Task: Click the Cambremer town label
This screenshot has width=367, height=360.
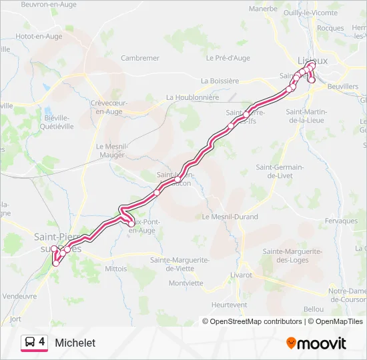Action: coord(140,58)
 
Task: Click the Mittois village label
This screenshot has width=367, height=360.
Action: coord(115,269)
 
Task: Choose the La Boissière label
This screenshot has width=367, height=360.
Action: coord(220,81)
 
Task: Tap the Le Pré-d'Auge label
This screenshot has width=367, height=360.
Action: coord(229,58)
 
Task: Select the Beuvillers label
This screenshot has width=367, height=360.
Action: coord(343,87)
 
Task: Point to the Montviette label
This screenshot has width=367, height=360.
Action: coord(186,283)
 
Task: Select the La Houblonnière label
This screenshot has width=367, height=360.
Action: coord(192,97)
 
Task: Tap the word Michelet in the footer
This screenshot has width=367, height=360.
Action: coord(75,343)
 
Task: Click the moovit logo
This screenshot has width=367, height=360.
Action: coord(316,343)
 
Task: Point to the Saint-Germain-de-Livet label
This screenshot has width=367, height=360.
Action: coord(280,171)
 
